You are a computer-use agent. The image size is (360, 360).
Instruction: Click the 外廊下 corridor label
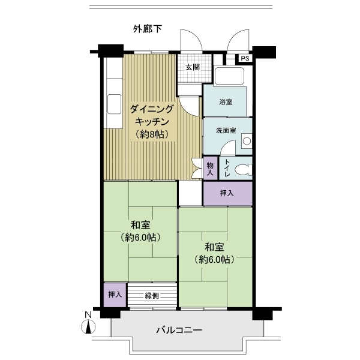148,29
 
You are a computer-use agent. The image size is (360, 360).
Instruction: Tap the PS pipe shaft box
245,58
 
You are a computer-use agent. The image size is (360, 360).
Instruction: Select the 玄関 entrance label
192,67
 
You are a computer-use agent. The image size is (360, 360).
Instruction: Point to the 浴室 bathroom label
226,103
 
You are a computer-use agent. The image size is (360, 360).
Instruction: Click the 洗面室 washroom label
226,130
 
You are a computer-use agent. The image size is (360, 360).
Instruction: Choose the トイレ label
227,169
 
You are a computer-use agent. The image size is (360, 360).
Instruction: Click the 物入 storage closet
210,169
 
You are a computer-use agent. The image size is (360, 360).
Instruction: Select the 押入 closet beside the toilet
227,193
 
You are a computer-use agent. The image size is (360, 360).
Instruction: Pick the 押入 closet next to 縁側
114,295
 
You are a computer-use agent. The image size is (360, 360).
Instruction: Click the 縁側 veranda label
151,295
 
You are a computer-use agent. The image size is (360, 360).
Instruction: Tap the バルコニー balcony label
179,330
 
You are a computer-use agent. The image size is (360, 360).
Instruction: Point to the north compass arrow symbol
88,328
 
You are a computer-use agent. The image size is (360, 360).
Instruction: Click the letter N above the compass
88,314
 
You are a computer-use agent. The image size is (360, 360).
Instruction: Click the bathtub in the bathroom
228,77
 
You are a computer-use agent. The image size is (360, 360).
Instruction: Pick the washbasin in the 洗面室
246,142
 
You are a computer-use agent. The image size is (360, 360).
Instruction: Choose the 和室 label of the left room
140,225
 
